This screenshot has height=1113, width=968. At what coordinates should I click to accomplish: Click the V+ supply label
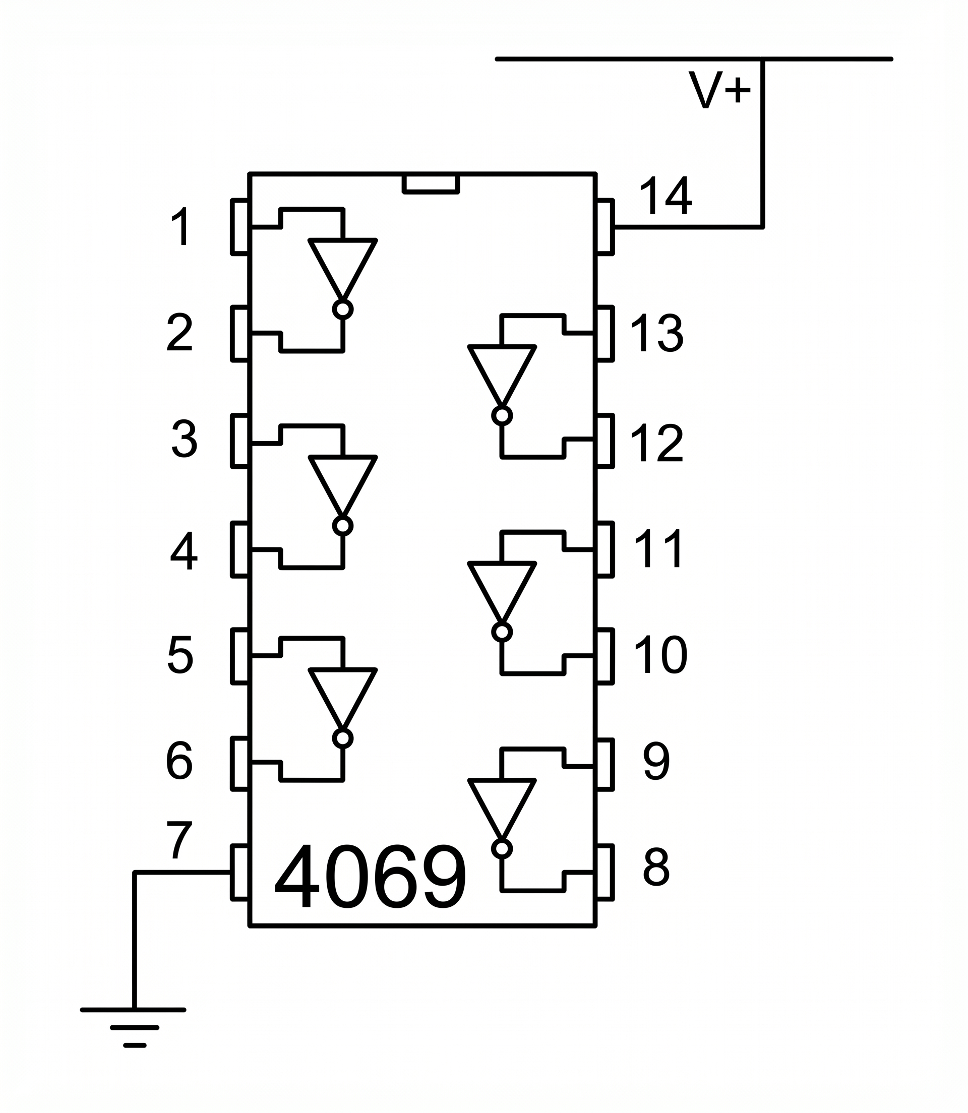click(x=719, y=90)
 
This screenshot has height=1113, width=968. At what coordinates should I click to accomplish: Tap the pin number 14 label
click(x=665, y=196)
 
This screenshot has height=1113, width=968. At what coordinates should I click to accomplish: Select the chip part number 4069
click(x=370, y=878)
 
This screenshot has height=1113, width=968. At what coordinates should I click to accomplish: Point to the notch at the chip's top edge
click(x=431, y=183)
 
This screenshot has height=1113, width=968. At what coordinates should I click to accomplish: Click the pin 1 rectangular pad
click(x=240, y=227)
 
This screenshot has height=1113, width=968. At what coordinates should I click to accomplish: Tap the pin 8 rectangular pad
click(x=605, y=873)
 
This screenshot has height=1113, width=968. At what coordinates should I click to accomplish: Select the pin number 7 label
click(x=179, y=840)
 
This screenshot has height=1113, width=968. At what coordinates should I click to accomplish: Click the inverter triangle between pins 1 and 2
click(x=342, y=265)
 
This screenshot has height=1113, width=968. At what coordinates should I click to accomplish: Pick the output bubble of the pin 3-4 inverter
click(x=342, y=526)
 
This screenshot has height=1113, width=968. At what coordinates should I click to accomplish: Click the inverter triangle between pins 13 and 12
click(x=502, y=372)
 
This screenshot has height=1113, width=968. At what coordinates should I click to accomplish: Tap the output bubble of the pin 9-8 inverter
click(x=502, y=849)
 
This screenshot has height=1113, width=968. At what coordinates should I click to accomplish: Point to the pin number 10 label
click(x=660, y=655)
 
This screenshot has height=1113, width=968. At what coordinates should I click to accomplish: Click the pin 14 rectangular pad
click(x=605, y=227)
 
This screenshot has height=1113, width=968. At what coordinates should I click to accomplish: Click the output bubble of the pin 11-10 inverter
click(x=502, y=632)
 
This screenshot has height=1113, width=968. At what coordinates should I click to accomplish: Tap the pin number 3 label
click(x=184, y=439)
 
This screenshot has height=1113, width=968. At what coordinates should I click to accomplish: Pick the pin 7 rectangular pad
click(x=240, y=873)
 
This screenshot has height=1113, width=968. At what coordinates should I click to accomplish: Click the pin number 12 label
click(x=657, y=444)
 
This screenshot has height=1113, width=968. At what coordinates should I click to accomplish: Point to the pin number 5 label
click(x=180, y=654)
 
